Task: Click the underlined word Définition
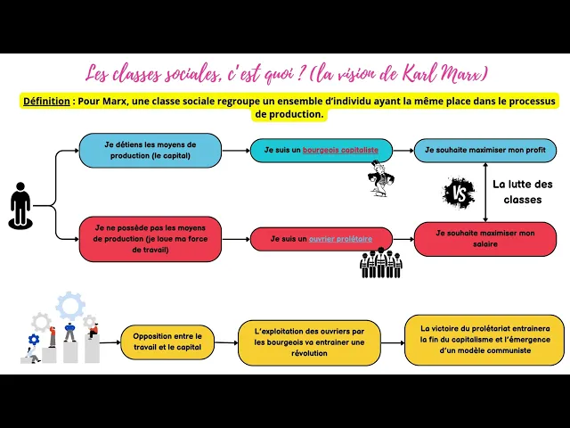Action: point(47,102)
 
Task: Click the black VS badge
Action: point(460,192)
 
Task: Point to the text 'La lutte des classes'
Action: point(523,192)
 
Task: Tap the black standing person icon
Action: point(20,204)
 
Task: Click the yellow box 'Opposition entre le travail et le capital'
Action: point(167,342)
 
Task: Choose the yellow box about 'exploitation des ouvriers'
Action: point(309,342)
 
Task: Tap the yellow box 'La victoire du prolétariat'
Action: point(484,339)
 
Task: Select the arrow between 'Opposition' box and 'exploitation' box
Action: point(226,342)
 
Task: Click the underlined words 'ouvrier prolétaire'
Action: point(340,238)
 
